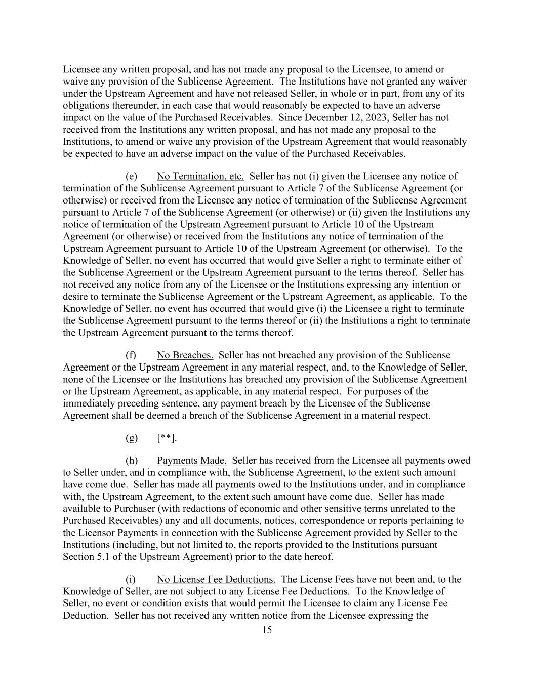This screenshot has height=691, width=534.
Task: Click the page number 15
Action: pos(267,630)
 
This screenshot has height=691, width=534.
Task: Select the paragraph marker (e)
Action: pos(131,176)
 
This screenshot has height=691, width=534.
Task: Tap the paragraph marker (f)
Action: pos(131,355)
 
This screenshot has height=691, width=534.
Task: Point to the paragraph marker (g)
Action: pos(131,438)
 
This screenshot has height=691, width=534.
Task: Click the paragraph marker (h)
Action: pos(131,461)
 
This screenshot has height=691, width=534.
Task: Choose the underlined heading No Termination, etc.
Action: pos(200,176)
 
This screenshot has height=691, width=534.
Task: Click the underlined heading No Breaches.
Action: pos(185,355)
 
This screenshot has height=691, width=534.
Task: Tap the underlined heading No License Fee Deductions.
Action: pos(216,579)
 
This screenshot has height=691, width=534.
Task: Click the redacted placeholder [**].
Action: pos(167,438)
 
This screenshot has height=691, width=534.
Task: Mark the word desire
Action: pos(75,297)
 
